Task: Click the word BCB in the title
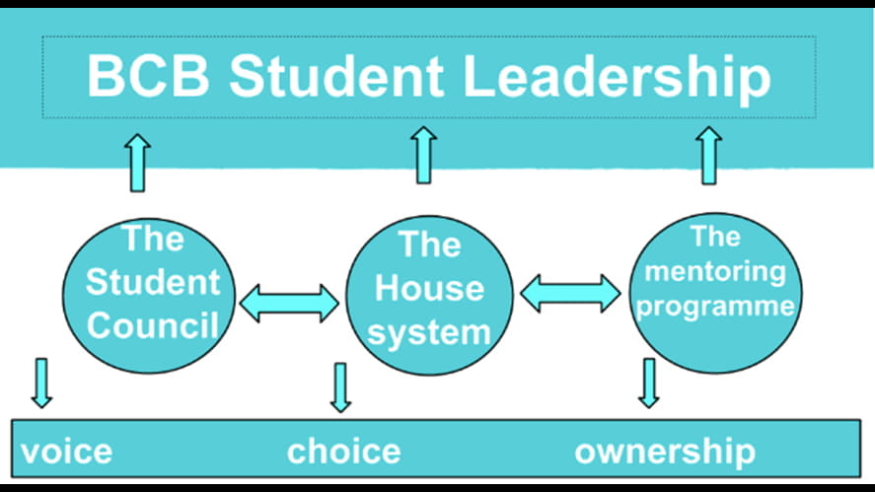click(x=146, y=77)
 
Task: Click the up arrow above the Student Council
click(x=138, y=162)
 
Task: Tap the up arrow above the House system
click(x=424, y=155)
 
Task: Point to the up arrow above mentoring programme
click(x=708, y=155)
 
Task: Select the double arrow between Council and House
click(x=289, y=303)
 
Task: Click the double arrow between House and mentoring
click(x=571, y=293)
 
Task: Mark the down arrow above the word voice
click(x=41, y=382)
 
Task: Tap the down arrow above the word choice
click(x=340, y=387)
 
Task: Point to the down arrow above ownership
click(x=648, y=382)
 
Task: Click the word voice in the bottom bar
click(x=66, y=452)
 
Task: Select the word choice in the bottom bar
click(x=343, y=452)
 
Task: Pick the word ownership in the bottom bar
click(x=665, y=452)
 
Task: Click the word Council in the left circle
click(x=152, y=325)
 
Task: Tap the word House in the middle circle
click(x=430, y=289)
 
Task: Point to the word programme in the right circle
click(x=715, y=306)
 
